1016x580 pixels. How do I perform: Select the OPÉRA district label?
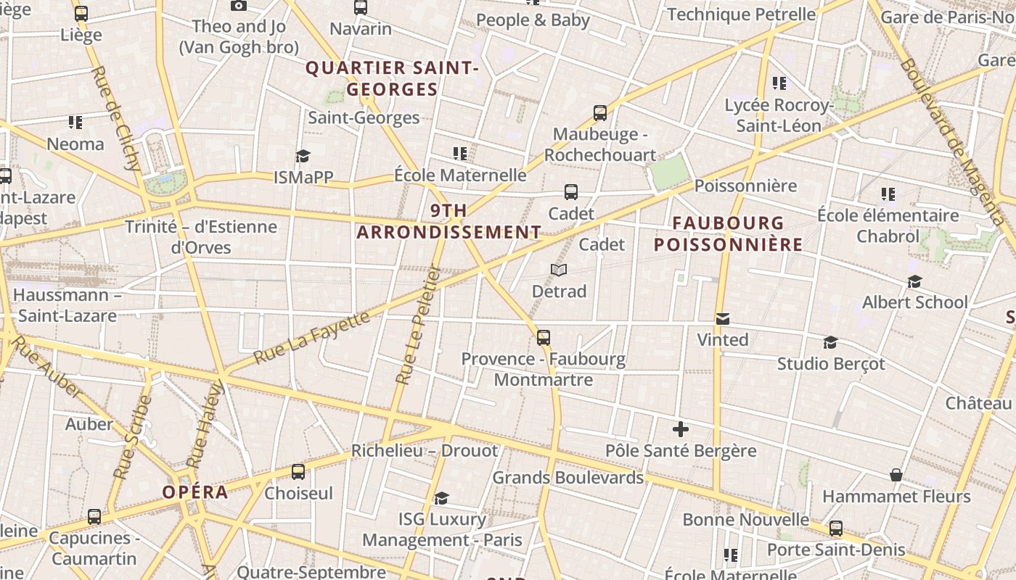(195, 492)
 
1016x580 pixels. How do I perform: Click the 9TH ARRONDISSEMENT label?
(449, 221)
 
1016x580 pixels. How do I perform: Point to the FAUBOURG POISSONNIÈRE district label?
(729, 233)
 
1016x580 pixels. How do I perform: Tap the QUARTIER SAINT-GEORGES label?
(393, 78)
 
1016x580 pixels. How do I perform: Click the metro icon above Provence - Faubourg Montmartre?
(544, 337)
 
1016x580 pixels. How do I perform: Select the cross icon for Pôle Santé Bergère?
(681, 429)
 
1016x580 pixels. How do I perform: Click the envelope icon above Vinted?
(723, 319)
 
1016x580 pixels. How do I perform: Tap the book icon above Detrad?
(558, 270)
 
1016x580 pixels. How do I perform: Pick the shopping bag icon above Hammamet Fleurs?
(896, 475)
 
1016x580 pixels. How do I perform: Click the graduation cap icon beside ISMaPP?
(303, 156)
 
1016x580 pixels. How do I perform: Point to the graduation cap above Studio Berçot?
(831, 342)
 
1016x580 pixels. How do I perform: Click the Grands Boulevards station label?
(568, 478)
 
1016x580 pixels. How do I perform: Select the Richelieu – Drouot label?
(425, 451)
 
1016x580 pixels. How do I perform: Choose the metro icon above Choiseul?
(298, 472)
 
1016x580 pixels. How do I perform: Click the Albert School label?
(914, 302)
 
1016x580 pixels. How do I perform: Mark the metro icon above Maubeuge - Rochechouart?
(600, 113)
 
